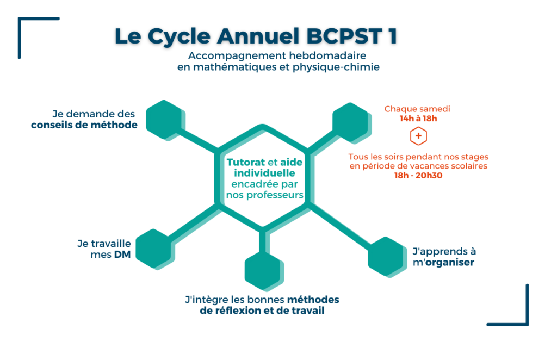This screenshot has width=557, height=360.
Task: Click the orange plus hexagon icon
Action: click(418, 136)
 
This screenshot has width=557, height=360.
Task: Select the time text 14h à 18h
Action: click(418, 119)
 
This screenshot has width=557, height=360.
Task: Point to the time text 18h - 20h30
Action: click(418, 176)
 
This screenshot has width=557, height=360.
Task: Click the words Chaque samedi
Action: click(417, 109)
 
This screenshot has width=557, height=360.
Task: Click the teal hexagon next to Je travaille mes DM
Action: click(155, 249)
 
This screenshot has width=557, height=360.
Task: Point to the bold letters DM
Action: click(122, 255)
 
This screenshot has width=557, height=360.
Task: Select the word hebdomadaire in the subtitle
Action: click(327, 55)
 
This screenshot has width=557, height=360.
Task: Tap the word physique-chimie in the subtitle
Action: click(336, 67)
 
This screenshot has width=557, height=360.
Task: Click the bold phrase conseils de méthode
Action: click(84, 125)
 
